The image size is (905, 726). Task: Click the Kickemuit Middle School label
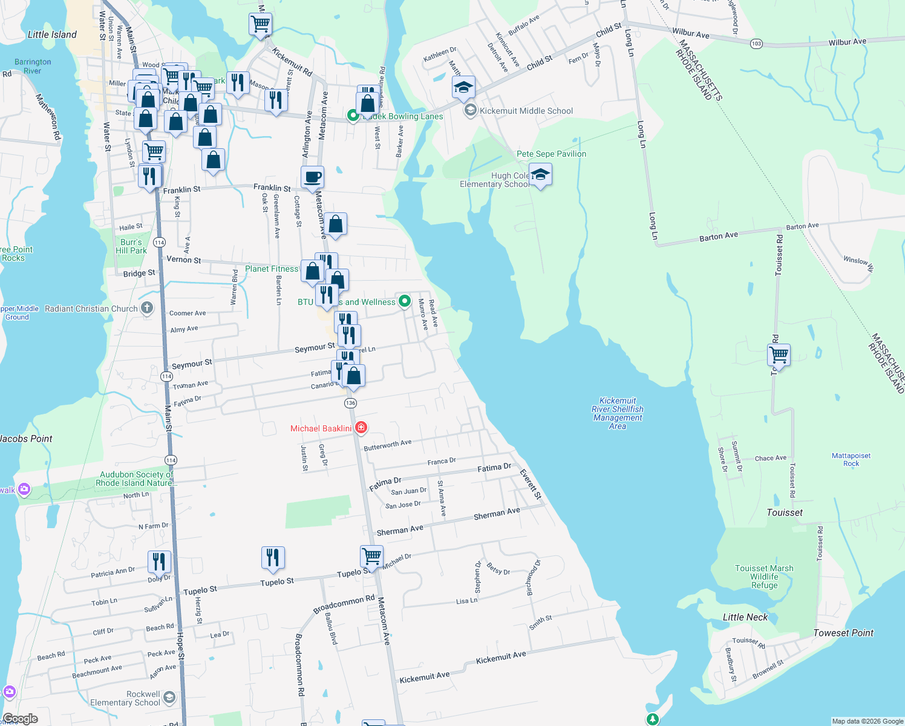click(526, 111)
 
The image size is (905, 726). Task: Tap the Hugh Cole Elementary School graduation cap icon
click(540, 175)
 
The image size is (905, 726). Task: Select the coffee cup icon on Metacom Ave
click(312, 178)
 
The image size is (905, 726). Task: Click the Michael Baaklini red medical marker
click(361, 428)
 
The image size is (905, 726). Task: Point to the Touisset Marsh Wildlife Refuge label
click(764, 577)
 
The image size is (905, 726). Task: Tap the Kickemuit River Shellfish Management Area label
click(617, 413)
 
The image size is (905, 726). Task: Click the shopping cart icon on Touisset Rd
click(779, 355)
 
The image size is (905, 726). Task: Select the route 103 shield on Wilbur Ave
click(756, 44)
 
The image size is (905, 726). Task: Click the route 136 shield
click(350, 403)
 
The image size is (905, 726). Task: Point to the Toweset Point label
click(843, 633)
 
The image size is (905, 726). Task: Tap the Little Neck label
click(745, 617)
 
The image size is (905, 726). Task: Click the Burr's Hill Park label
click(131, 246)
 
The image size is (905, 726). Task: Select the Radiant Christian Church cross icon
click(147, 308)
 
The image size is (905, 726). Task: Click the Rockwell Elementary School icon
click(169, 698)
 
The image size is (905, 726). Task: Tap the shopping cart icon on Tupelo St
click(371, 555)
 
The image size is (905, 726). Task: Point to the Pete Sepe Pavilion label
click(551, 154)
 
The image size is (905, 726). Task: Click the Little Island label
click(52, 34)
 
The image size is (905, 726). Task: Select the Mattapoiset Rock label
click(851, 460)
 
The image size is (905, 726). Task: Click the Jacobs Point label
click(26, 439)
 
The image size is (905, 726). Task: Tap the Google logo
click(20, 719)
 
